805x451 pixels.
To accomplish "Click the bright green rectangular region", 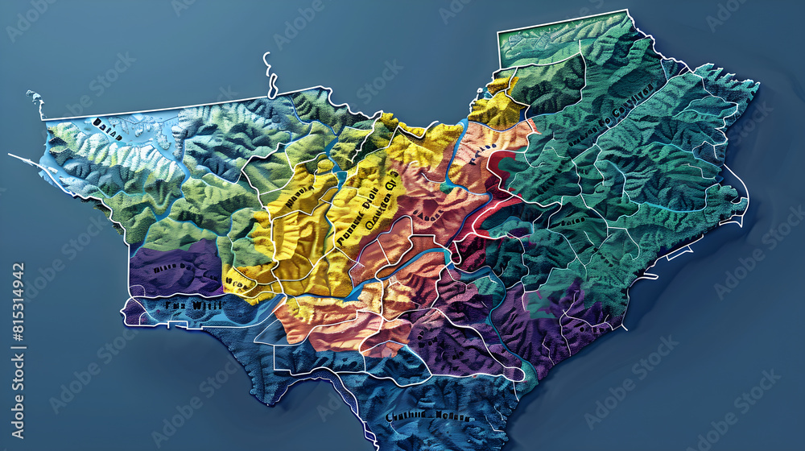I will (547, 36).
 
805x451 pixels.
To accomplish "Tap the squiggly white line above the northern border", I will (270, 76).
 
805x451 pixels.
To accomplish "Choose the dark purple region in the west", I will (173, 270).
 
